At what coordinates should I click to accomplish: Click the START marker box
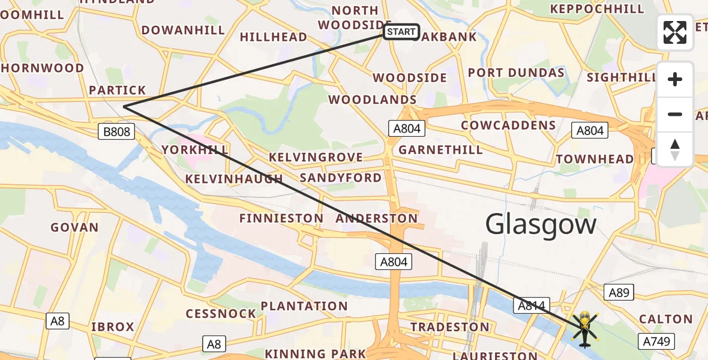click(x=401, y=32)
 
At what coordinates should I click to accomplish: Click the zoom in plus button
click(x=675, y=80)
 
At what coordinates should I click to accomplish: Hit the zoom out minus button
click(x=675, y=114)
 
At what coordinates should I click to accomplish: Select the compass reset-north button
click(x=675, y=149)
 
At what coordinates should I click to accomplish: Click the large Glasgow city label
click(x=541, y=225)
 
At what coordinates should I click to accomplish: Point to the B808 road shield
click(x=116, y=131)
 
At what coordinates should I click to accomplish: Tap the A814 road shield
click(x=532, y=306)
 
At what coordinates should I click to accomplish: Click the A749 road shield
click(x=658, y=342)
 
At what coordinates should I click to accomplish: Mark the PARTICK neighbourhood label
click(x=117, y=90)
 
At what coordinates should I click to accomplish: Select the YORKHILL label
click(x=194, y=149)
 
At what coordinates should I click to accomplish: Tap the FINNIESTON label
click(x=281, y=218)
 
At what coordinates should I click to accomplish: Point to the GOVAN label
click(x=74, y=227)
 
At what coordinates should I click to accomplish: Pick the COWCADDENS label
click(x=508, y=125)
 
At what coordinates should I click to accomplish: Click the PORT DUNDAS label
click(x=516, y=73)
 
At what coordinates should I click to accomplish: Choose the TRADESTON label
click(x=450, y=327)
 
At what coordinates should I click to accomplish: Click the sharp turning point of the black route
click(x=124, y=107)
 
